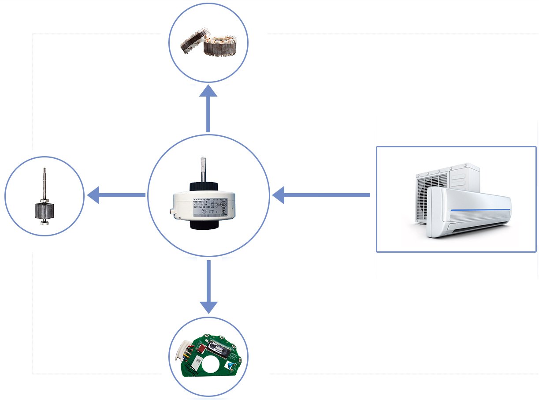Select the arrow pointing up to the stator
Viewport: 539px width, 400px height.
pos(208,108)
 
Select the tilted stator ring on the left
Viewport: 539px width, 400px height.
pos(191,44)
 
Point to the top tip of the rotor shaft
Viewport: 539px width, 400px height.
pos(45,169)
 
